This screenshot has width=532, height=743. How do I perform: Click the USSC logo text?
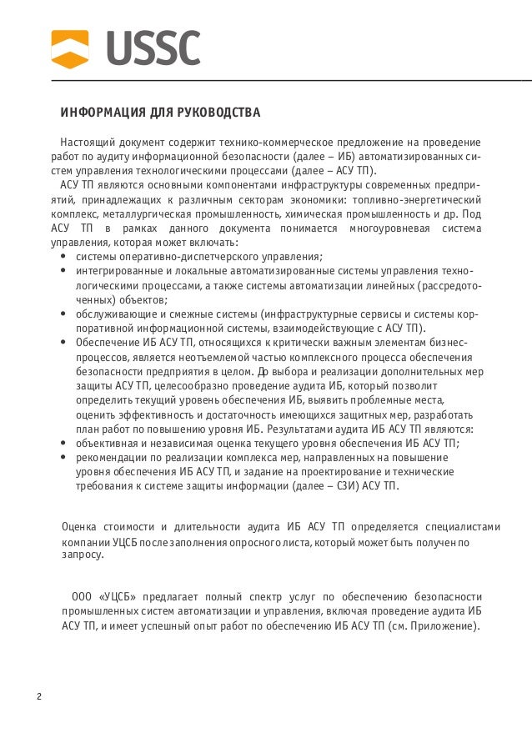point(153,48)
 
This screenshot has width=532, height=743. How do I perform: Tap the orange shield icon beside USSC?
point(70,48)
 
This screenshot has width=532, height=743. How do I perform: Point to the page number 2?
point(38,697)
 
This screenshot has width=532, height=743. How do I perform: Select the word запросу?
point(83,555)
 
